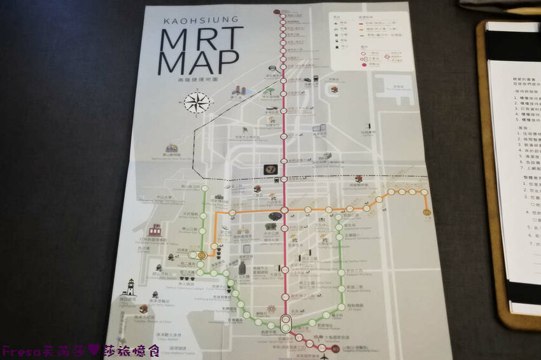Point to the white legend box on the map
click(x=370, y=41)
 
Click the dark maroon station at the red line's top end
click(x=278, y=12)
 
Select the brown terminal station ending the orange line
click(x=426, y=212)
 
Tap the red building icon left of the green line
click(x=155, y=230)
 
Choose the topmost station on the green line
click(x=204, y=188)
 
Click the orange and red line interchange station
click(x=285, y=210)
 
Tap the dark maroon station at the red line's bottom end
click(x=335, y=349)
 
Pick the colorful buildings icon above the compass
click(x=239, y=90)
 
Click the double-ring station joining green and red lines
click(x=286, y=321)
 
